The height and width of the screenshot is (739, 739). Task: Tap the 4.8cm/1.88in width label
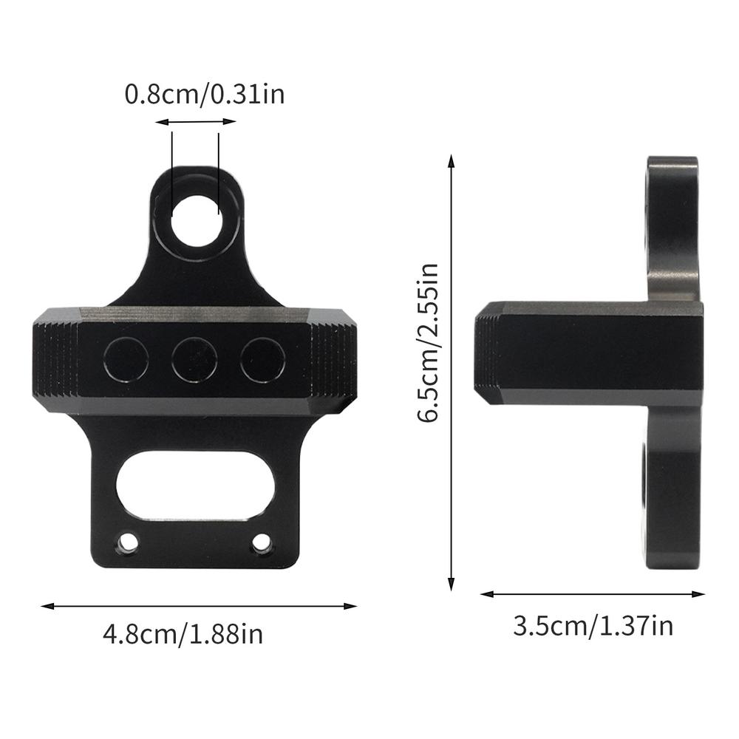click(183, 633)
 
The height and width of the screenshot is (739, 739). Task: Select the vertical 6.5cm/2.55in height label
click(428, 341)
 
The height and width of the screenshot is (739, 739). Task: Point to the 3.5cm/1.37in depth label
click(593, 627)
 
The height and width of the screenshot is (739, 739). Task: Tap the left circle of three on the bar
click(126, 360)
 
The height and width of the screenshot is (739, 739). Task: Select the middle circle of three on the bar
click(194, 360)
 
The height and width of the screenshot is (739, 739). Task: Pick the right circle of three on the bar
click(262, 360)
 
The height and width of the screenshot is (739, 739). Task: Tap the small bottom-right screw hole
click(262, 544)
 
